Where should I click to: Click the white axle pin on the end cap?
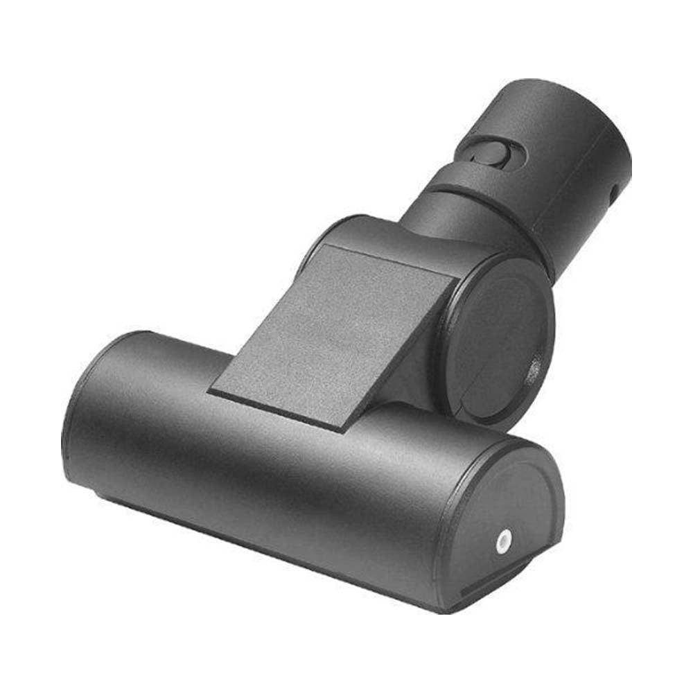coord(504,539)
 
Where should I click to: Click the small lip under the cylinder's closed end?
coord(104,495)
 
